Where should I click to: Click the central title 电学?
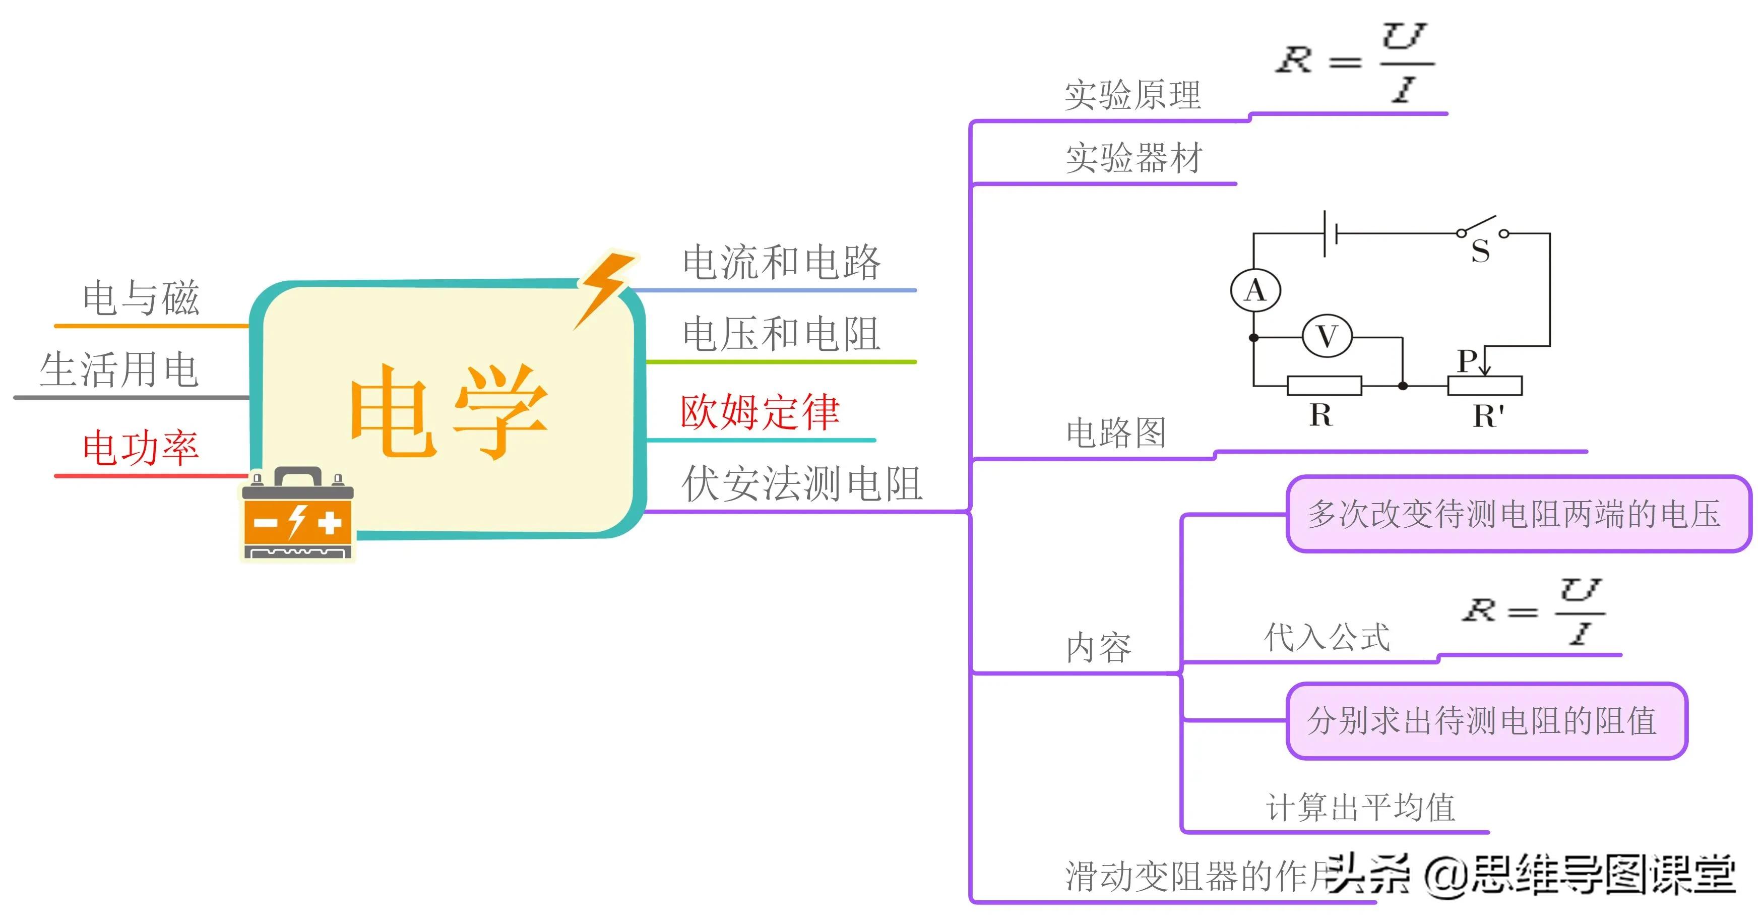pyautogui.click(x=449, y=411)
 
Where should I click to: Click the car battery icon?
pyautogui.click(x=298, y=514)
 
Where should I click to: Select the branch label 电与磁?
pyautogui.click(x=141, y=298)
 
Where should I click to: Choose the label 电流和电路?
pyautogui.click(x=781, y=262)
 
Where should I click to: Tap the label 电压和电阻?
pyautogui.click(x=781, y=334)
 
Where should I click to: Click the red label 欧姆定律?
pyautogui.click(x=760, y=412)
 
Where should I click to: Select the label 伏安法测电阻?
pyautogui.click(x=801, y=483)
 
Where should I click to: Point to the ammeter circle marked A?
pyautogui.click(x=1255, y=290)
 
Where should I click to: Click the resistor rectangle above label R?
pyautogui.click(x=1324, y=386)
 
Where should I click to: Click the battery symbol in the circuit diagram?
pyautogui.click(x=1331, y=233)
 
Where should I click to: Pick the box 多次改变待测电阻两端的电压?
pyautogui.click(x=1518, y=514)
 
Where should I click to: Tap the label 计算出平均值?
pyautogui.click(x=1360, y=807)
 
